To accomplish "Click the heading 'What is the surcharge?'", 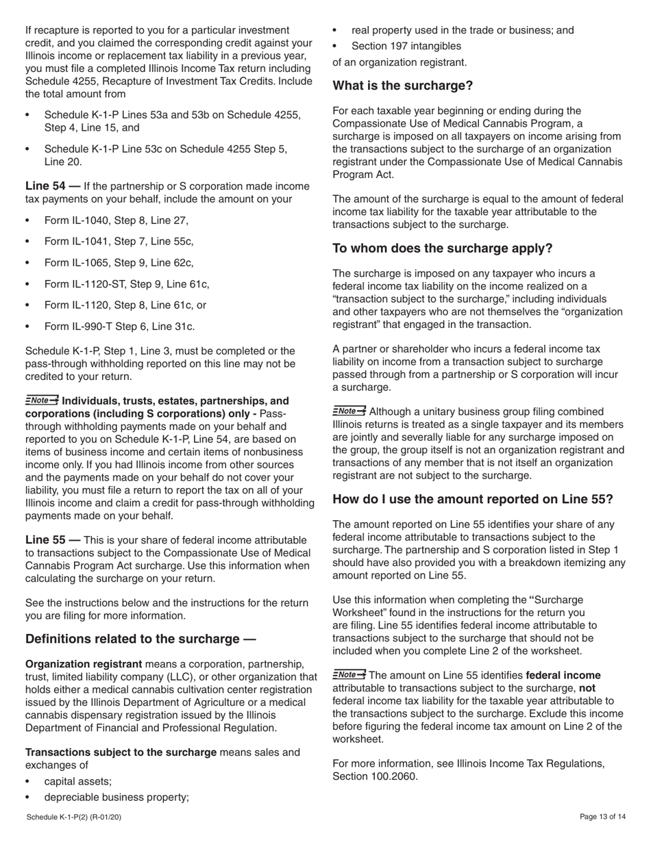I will tap(402, 86).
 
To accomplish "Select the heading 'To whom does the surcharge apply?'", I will tap(442, 248).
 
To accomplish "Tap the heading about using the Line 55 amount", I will tap(472, 499).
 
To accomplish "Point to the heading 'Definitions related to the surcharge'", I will tap(140, 639).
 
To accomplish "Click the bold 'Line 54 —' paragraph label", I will tap(52, 186).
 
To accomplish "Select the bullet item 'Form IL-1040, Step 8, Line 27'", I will tap(116, 220).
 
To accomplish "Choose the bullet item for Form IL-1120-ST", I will tap(127, 284).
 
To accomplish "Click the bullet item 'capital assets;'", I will tap(77, 781).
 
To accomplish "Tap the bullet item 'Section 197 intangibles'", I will tap(406, 47).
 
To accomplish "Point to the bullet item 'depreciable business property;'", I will tap(116, 797).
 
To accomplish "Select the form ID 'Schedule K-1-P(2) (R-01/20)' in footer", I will tap(74, 817).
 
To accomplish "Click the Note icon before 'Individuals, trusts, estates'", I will tap(42, 400).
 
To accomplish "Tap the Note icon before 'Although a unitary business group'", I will tap(349, 411).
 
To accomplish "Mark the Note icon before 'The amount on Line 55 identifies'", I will tap(349, 675).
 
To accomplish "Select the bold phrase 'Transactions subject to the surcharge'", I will tap(121, 752).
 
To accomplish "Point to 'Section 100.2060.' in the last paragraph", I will tap(374, 776).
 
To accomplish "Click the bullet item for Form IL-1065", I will tap(119, 263).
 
